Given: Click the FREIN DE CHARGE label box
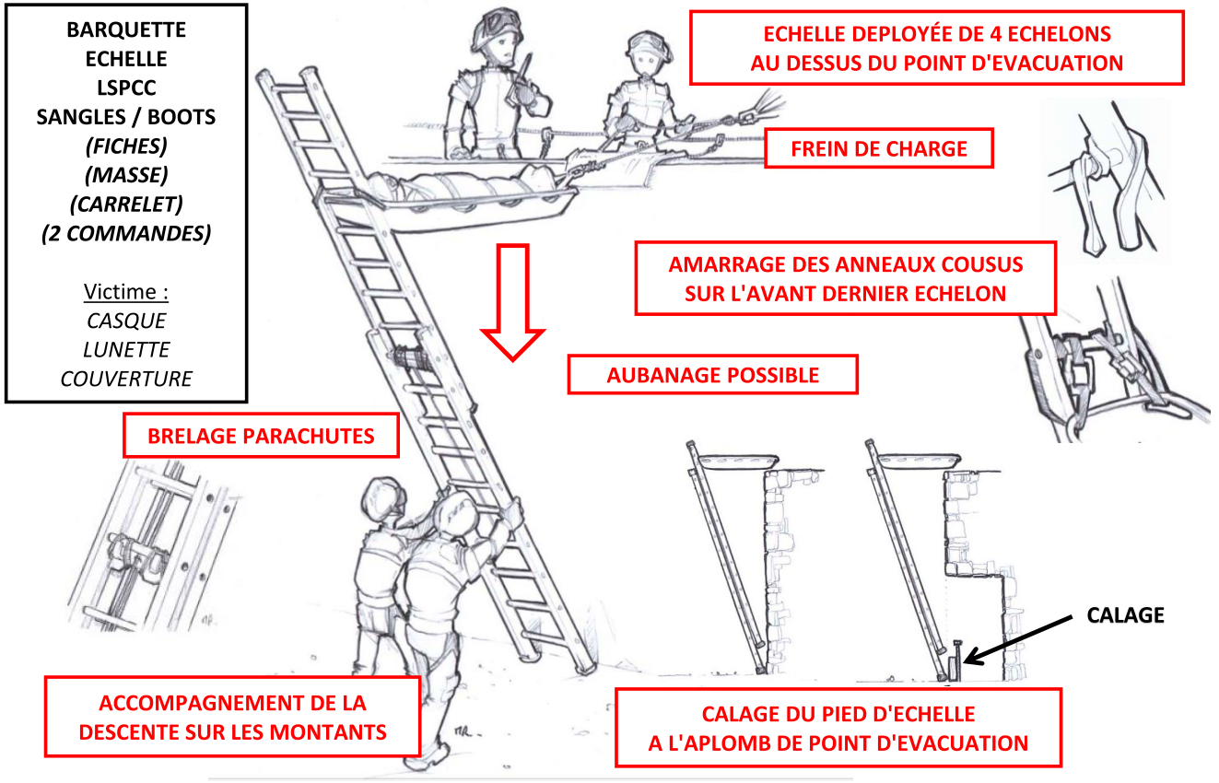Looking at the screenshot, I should pyautogui.click(x=879, y=148).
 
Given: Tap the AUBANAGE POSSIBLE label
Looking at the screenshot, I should pyautogui.click(x=712, y=375).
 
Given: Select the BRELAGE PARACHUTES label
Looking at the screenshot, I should pyautogui.click(x=261, y=436).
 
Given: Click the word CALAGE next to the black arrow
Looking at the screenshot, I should pyautogui.click(x=1125, y=614).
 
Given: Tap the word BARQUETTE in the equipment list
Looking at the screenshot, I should pyautogui.click(x=126, y=29).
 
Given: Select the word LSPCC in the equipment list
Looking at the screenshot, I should pyautogui.click(x=126, y=88).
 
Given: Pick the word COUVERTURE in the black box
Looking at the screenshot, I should pyautogui.click(x=126, y=379).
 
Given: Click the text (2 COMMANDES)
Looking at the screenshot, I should pyautogui.click(x=126, y=233).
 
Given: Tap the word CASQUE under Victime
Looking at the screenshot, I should pyautogui.click(x=126, y=321).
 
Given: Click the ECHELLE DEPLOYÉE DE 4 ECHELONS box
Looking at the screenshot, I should pyautogui.click(x=936, y=48).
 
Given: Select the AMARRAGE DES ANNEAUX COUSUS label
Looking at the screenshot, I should pyautogui.click(x=845, y=278).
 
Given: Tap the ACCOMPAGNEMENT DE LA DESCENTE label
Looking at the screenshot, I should pyautogui.click(x=232, y=718).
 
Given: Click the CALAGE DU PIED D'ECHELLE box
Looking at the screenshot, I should pyautogui.click(x=838, y=728).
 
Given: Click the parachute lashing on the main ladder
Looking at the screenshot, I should pyautogui.click(x=410, y=357).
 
